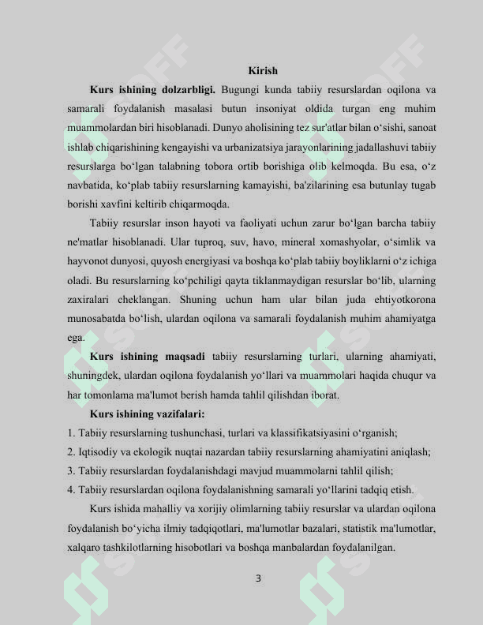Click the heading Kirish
pos(262,72)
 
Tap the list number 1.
pos(71,433)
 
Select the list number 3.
pos(71,470)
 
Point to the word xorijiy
pos(200,508)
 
